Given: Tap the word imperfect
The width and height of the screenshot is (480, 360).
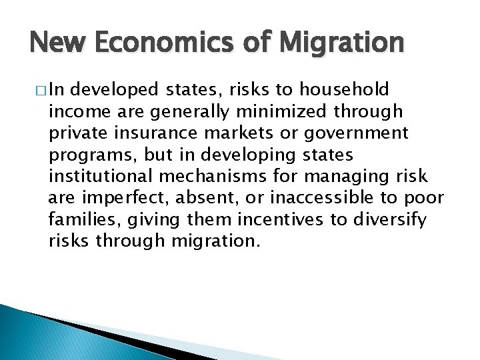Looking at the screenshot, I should pyautogui.click(x=117, y=197).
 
